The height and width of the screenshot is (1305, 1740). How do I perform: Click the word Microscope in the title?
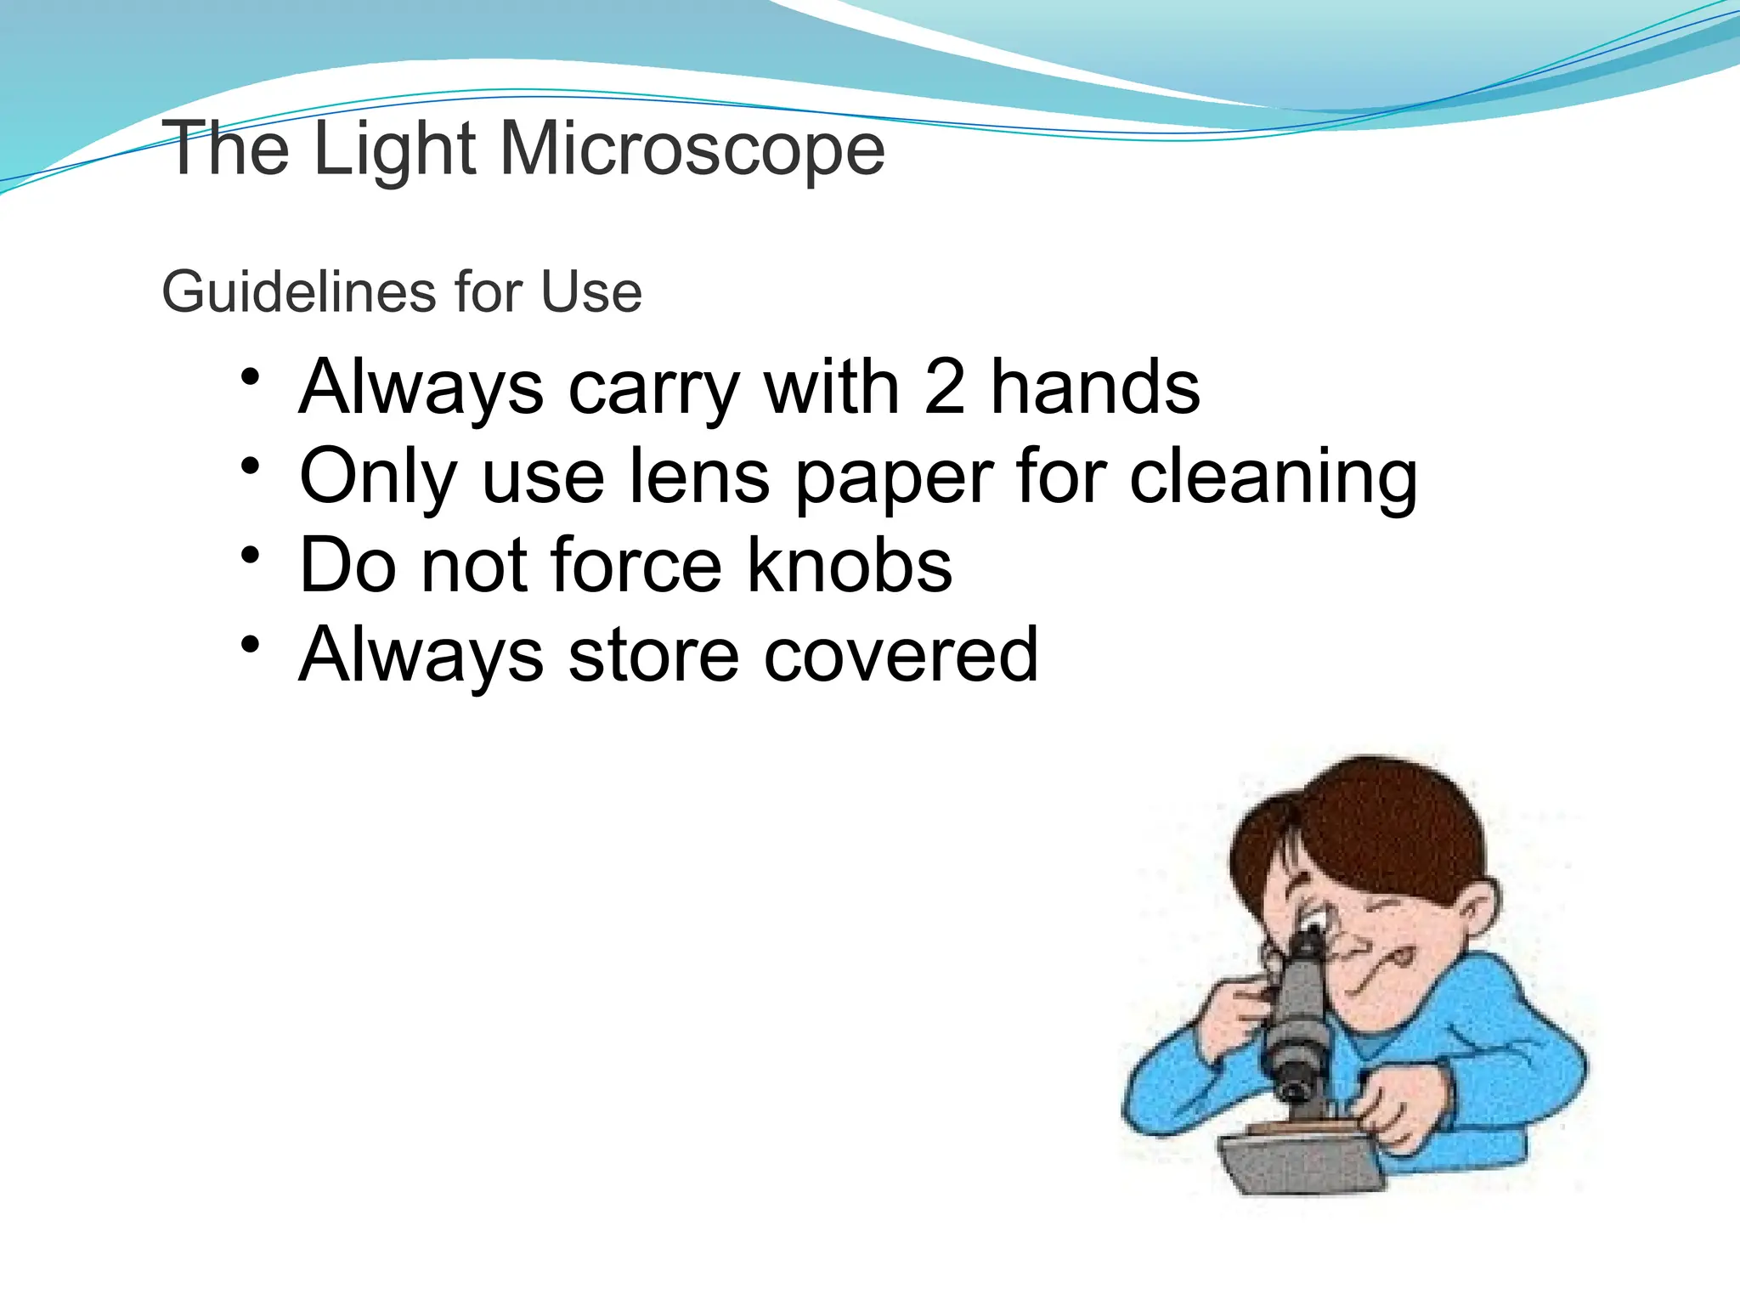coord(692,150)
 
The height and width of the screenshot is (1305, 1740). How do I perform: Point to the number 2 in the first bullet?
coord(945,387)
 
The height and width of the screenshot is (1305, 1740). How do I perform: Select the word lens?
coord(698,477)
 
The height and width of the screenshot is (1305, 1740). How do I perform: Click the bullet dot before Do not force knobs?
coord(249,555)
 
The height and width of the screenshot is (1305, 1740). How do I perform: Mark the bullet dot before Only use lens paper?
coord(249,466)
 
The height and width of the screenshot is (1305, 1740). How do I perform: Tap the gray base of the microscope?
coord(1300,1164)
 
